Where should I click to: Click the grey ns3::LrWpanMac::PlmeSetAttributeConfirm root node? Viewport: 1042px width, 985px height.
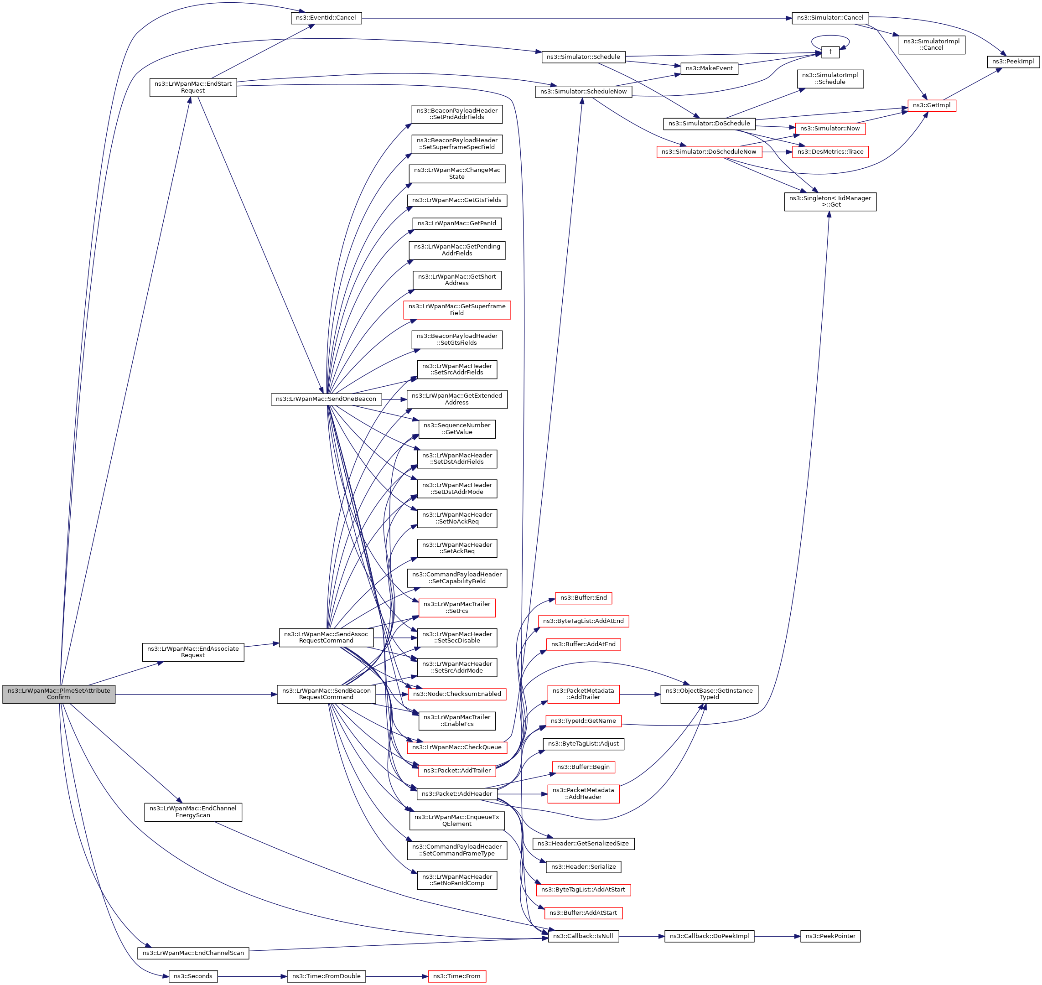click(59, 694)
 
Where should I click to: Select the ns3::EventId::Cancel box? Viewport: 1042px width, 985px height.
click(326, 18)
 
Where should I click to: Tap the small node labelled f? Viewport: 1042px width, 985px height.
click(830, 52)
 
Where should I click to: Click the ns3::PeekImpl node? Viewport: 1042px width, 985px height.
click(1013, 62)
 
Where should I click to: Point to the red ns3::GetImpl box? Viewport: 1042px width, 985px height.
click(932, 105)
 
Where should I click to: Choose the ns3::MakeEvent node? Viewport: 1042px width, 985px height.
click(709, 68)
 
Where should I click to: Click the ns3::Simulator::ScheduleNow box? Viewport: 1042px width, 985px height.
click(583, 91)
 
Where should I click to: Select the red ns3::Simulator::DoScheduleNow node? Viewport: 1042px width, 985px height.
click(709, 152)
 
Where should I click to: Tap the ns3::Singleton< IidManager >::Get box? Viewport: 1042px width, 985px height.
click(830, 202)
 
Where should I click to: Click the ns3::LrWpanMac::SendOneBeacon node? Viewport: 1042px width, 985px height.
click(326, 399)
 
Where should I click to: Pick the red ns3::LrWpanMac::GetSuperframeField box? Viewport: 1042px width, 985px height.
click(456, 310)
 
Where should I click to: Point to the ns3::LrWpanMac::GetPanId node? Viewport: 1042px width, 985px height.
click(456, 223)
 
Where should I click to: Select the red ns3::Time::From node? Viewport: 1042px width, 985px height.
click(456, 976)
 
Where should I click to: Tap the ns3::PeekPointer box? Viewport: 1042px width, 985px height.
click(830, 936)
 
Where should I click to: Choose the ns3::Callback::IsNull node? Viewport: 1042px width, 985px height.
click(583, 936)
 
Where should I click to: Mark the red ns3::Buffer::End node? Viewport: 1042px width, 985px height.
click(583, 598)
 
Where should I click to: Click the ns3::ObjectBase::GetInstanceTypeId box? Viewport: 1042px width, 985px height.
click(709, 694)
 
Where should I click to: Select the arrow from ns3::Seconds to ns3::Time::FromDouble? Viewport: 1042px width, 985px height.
click(252, 976)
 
